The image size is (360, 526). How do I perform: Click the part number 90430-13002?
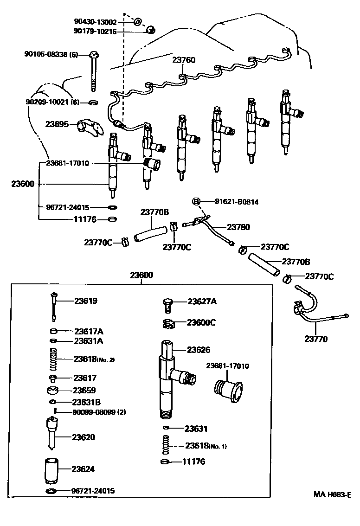coord(96,22)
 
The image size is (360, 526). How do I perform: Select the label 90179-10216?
coord(96,31)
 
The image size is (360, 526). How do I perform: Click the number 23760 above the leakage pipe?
coord(184,60)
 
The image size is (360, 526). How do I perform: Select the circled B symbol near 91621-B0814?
coord(196,201)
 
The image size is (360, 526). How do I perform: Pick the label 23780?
coord(238,227)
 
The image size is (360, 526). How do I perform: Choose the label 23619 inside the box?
coord(86,301)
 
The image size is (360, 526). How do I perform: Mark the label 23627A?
coord(202,301)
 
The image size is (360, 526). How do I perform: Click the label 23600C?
coord(201,322)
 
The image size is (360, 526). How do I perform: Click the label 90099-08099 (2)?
coord(99,412)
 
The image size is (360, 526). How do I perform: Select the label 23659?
coord(84,391)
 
